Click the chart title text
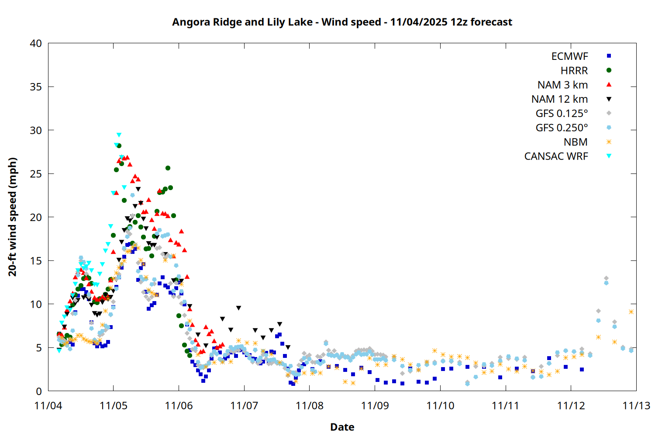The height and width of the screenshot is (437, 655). [x=342, y=22]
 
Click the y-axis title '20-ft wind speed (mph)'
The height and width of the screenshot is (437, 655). [x=13, y=217]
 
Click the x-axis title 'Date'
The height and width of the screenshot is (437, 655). [x=342, y=427]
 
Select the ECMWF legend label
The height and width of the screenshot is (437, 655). [x=569, y=56]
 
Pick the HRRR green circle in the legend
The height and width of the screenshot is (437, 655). [x=609, y=70]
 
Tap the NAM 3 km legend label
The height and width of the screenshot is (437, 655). [x=562, y=85]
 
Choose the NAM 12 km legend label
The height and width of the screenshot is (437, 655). [x=559, y=99]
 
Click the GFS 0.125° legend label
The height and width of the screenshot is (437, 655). [x=562, y=114]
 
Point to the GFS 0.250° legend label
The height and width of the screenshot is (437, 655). [x=562, y=128]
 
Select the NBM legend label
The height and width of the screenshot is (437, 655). [x=576, y=142]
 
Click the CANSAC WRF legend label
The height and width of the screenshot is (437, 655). [x=556, y=156]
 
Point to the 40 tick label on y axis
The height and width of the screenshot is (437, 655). [x=36, y=43]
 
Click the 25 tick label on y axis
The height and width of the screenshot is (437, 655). [x=36, y=174]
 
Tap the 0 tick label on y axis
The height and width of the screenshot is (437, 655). [x=39, y=391]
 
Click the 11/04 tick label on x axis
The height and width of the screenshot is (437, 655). [x=48, y=406]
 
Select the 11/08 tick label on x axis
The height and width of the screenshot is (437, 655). [x=310, y=406]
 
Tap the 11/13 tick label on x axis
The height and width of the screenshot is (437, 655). [x=636, y=406]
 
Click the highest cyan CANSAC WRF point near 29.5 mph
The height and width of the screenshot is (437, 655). [x=119, y=135]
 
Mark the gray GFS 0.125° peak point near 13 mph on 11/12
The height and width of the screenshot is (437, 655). [x=606, y=278]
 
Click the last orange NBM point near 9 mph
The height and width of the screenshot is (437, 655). [x=631, y=312]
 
